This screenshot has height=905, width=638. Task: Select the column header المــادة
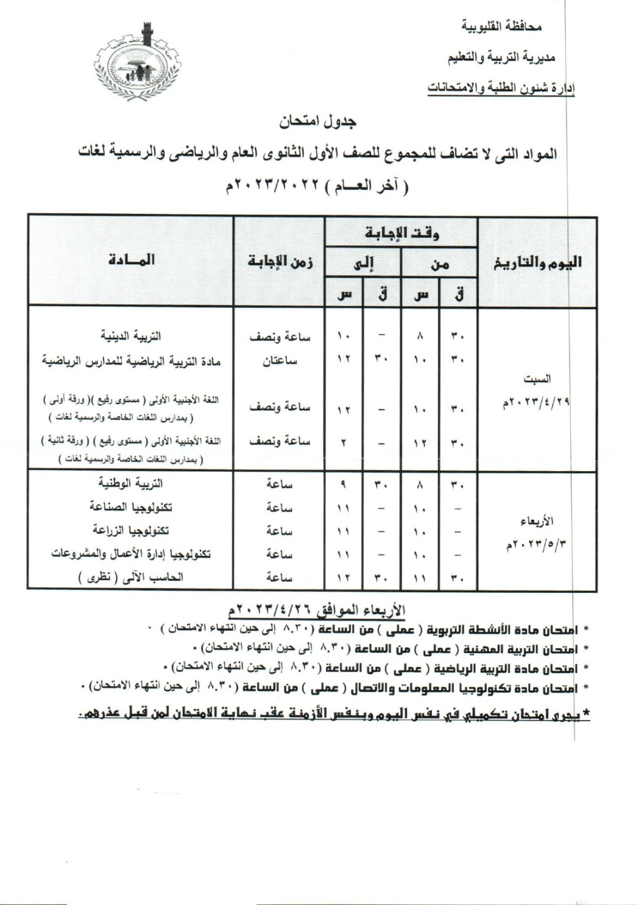[130, 260]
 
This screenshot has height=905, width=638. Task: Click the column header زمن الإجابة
[280, 261]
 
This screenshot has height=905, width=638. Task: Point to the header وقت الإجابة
[401, 233]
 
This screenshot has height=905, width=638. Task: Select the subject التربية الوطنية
[130, 484]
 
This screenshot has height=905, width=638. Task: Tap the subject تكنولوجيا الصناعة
[130, 507]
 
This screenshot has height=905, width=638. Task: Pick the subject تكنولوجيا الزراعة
[131, 531]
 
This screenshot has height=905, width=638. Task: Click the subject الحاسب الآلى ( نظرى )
[130, 578]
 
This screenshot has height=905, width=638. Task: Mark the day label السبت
[538, 378]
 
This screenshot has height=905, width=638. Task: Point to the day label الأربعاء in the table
[538, 520]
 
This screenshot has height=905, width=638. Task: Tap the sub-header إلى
[363, 264]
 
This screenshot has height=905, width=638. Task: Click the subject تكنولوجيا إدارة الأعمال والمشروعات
[131, 554]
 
